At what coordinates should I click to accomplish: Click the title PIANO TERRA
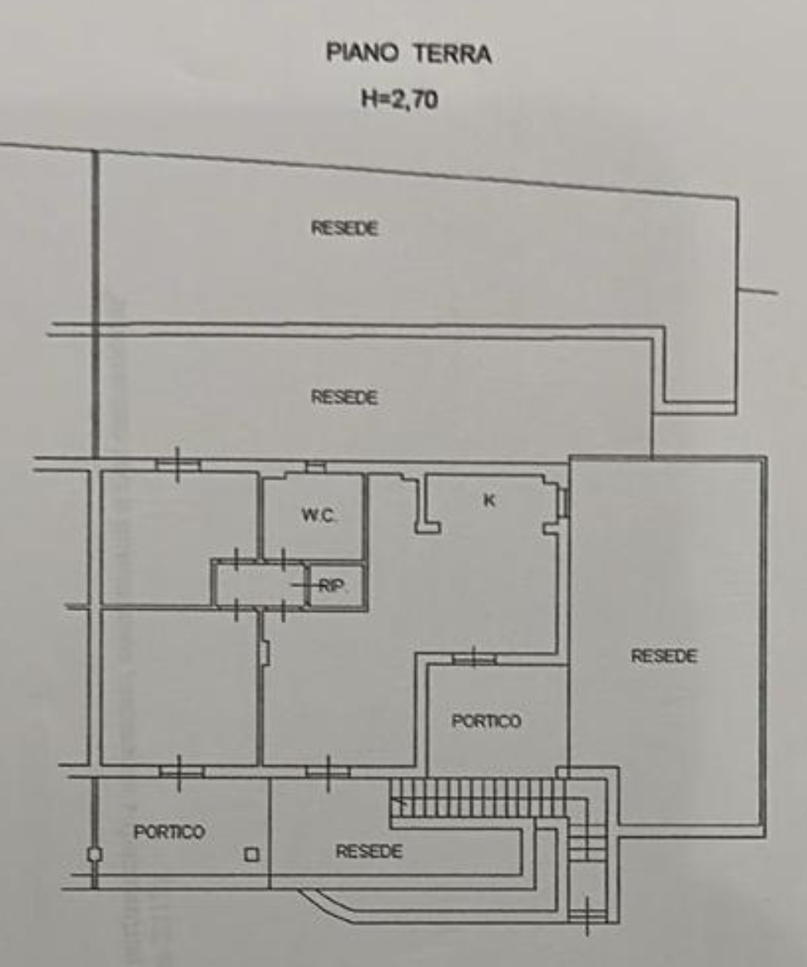408,54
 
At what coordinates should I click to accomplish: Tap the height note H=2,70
400,100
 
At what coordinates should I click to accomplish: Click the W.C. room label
318,515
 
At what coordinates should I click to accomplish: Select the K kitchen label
489,500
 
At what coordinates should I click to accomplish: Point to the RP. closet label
333,587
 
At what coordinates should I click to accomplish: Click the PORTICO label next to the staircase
486,721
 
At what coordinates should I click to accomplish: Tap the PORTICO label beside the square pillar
169,832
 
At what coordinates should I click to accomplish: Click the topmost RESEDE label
344,228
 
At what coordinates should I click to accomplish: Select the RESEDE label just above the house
344,397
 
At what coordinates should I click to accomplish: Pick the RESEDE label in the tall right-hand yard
664,656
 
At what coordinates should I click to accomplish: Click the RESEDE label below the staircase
369,851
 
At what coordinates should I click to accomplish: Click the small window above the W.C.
315,467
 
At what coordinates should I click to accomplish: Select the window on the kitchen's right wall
565,502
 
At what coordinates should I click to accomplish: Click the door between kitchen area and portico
474,659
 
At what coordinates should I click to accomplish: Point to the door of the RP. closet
307,585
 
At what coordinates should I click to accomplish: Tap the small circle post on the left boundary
94,854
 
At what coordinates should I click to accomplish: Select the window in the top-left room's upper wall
178,464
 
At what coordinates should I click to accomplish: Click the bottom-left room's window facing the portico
181,772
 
